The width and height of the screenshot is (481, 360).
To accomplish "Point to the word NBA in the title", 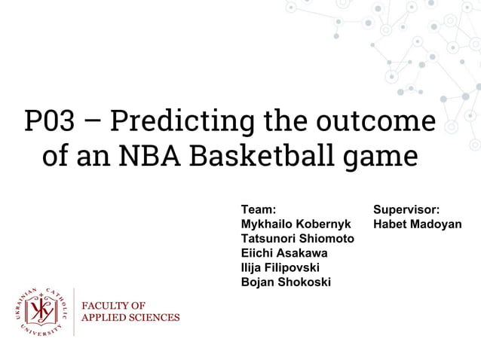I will pos(139,157).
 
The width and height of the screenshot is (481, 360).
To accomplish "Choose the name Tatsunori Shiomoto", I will pos(297,239).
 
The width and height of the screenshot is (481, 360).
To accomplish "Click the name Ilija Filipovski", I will pos(280,267).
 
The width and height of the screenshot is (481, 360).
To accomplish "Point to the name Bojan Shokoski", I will pos(285,282).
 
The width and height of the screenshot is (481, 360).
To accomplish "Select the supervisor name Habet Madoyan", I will pos(418,224).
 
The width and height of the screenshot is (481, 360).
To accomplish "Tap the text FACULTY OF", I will pos(113,306).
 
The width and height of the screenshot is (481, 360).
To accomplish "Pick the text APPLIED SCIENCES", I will pos(130,317).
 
